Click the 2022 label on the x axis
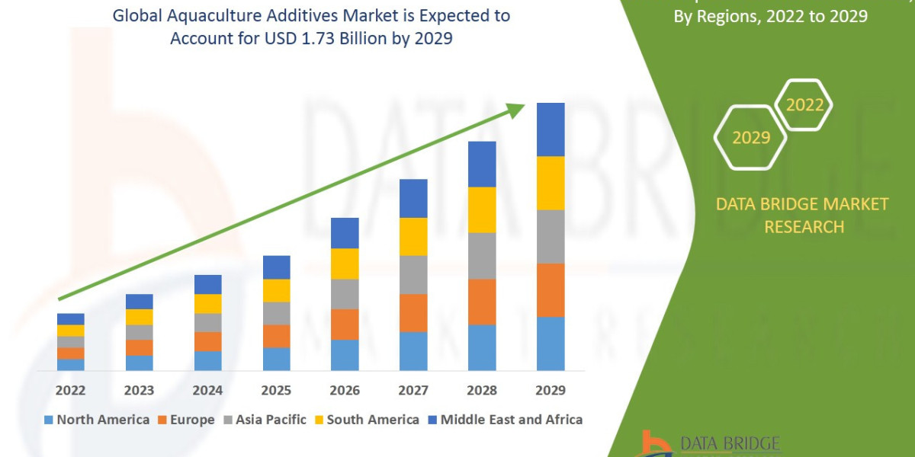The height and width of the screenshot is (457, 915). [x=70, y=390]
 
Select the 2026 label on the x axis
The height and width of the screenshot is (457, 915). [x=345, y=390]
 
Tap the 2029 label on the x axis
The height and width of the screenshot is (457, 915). [x=551, y=390]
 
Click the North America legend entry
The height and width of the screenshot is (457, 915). [x=97, y=420]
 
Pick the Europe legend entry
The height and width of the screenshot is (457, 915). [x=186, y=420]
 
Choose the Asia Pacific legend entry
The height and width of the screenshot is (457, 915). [x=265, y=420]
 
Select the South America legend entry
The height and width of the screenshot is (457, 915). [x=367, y=420]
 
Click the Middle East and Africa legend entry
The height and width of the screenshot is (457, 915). [x=504, y=420]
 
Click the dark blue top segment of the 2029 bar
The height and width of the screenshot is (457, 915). [x=551, y=129]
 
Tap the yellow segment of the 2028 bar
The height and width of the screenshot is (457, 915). [x=482, y=209]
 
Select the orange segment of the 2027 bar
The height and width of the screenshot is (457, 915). [x=413, y=313]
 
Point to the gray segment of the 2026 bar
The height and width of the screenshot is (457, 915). [x=345, y=294]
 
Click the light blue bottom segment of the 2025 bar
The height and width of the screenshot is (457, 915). [x=276, y=359]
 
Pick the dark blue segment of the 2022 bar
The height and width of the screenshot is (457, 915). [x=70, y=319]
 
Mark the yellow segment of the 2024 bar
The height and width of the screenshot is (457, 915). [x=207, y=304]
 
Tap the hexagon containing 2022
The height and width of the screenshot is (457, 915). [x=804, y=105]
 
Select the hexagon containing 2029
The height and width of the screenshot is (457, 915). [x=750, y=138]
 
